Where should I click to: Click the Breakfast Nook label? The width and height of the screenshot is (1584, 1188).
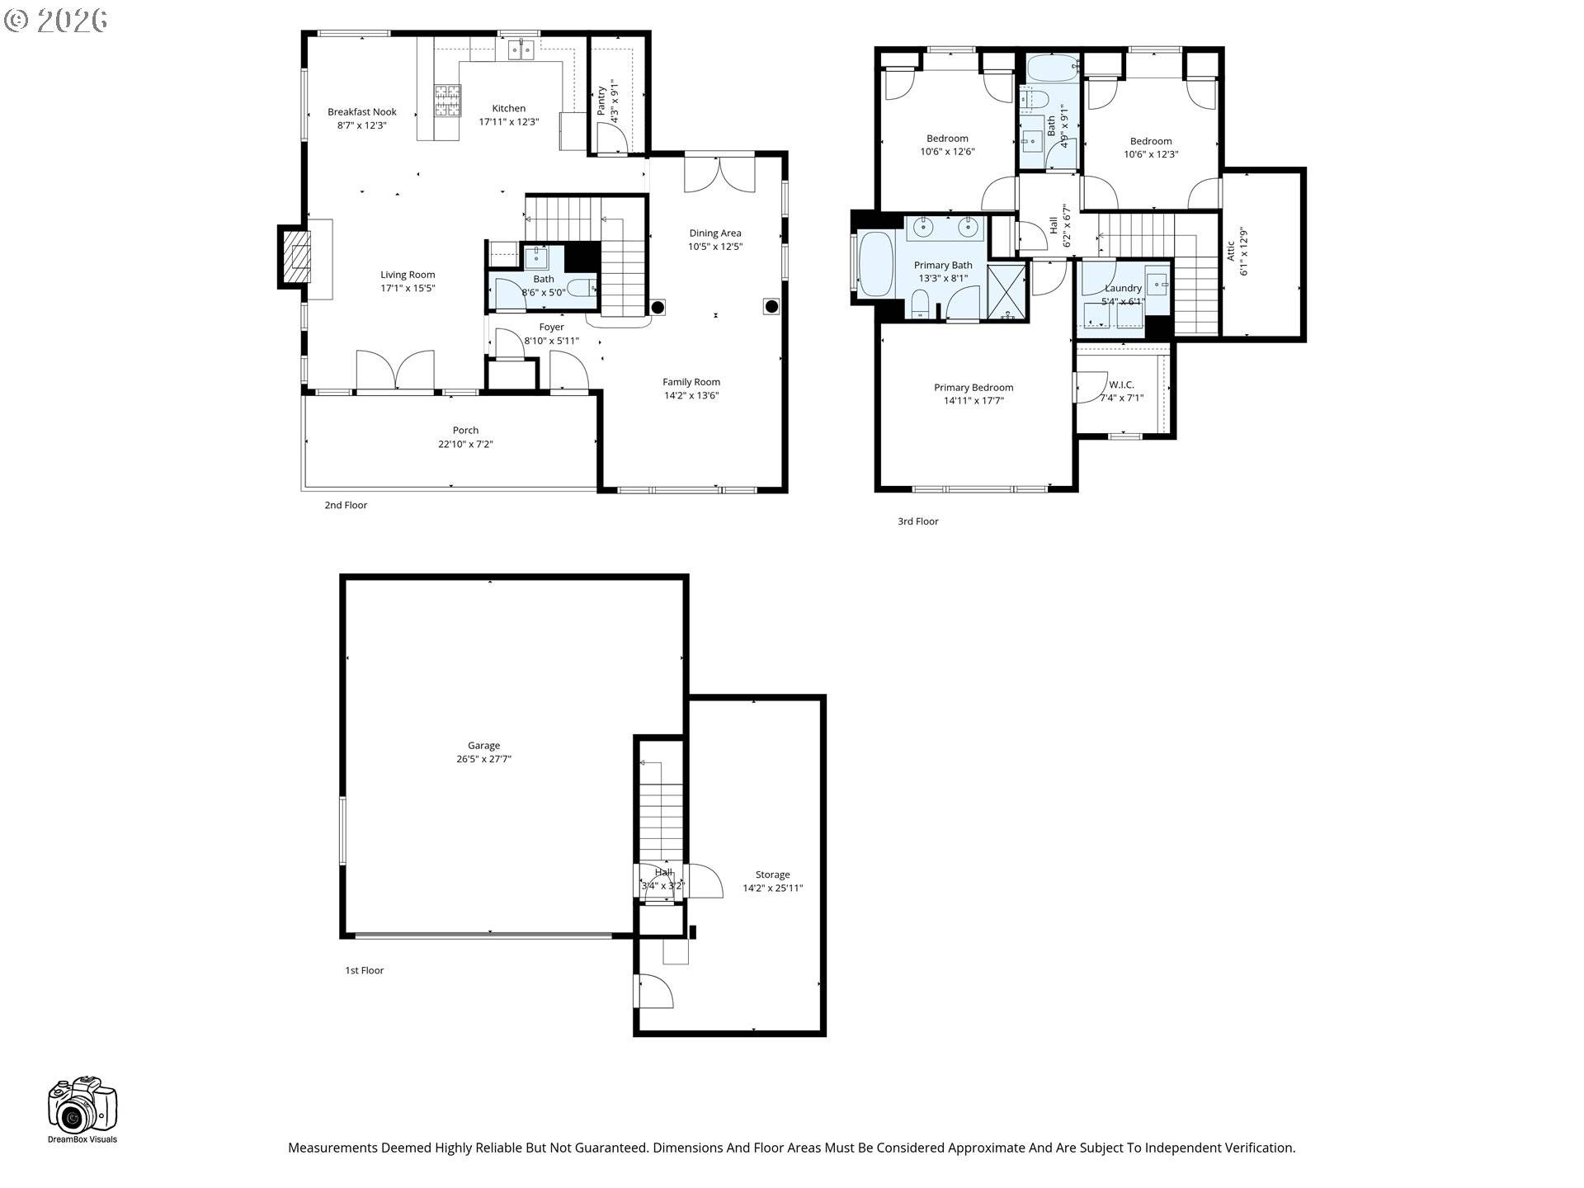click(x=361, y=112)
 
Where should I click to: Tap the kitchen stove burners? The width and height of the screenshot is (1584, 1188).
click(x=447, y=102)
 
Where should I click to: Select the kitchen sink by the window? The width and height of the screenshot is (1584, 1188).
click(x=521, y=51)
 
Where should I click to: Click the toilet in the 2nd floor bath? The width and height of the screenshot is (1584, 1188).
click(x=581, y=288)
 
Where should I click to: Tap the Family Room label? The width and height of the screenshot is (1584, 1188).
click(x=691, y=382)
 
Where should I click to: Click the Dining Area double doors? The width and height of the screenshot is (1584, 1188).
click(x=719, y=174)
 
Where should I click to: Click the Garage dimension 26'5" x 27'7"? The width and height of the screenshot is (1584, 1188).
click(x=483, y=759)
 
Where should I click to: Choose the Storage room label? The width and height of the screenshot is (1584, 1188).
click(x=772, y=874)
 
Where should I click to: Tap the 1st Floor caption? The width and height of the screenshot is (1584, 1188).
click(x=364, y=970)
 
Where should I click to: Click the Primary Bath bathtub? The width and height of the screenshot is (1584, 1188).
click(x=876, y=264)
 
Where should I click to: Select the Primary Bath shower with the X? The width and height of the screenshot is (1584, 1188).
click(x=1007, y=290)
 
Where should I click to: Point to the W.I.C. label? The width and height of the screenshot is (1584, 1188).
click(x=1121, y=384)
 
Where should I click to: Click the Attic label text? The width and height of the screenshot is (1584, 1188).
click(x=1231, y=250)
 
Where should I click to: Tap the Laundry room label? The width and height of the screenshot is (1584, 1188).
click(x=1123, y=288)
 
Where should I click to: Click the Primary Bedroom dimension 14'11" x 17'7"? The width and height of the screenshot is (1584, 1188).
click(x=973, y=401)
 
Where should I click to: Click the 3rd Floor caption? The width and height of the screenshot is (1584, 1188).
click(x=917, y=521)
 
